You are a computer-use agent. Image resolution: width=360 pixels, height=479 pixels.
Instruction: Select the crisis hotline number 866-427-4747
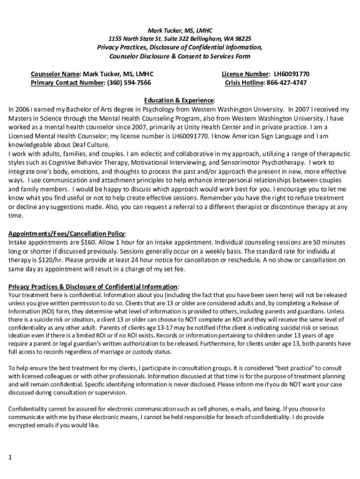287,83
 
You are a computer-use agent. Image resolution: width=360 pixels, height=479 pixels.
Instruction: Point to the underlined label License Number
245,74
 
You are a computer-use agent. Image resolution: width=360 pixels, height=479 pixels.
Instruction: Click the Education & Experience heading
180,101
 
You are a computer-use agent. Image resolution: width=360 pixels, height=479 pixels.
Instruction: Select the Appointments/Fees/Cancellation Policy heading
66,233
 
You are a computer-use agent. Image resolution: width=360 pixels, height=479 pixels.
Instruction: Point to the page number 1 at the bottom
10,457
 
